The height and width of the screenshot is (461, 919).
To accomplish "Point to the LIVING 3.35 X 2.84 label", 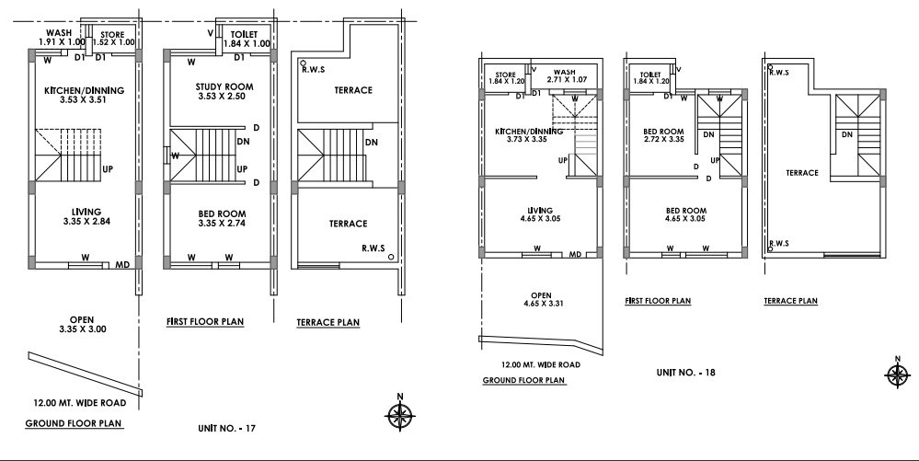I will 85,216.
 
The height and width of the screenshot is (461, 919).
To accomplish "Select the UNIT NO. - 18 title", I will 685,373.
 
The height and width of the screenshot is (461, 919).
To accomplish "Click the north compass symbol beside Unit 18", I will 896,373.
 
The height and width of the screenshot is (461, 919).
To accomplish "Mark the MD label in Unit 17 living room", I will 121,265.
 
